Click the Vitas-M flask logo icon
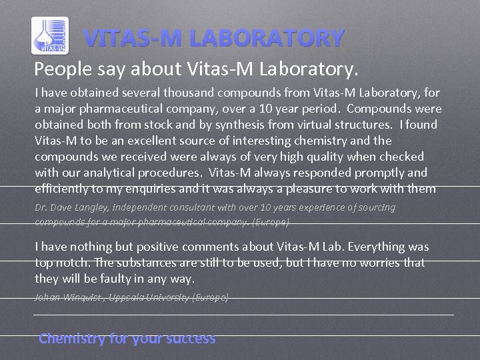point(50,35)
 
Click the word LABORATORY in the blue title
point(267,38)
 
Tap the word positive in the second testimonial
point(164,247)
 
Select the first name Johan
point(49,297)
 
